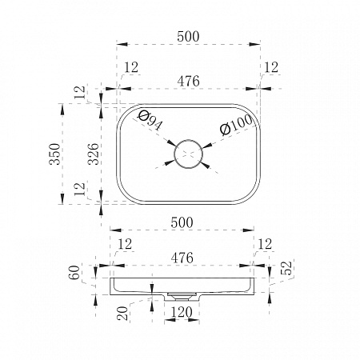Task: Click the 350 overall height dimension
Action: click(x=54, y=154)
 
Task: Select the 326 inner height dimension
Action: click(x=94, y=154)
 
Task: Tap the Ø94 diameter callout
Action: click(x=150, y=120)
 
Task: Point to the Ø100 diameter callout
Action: click(x=236, y=125)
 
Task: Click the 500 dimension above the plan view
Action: click(x=188, y=37)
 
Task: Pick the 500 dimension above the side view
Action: click(x=182, y=222)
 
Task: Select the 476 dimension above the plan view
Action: click(x=188, y=81)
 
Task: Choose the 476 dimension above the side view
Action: click(x=182, y=258)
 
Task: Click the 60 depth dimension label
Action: click(x=74, y=272)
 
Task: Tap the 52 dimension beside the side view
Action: click(x=286, y=268)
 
